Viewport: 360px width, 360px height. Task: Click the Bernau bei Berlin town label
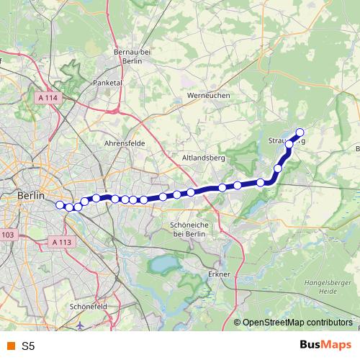[131, 57]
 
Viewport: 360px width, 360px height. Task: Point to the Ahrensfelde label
[125, 143]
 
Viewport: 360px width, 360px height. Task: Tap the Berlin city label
[31, 195]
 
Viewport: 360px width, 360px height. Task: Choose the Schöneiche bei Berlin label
[188, 229]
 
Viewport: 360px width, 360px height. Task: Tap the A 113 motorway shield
[63, 243]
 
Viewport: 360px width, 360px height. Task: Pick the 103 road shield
[7, 235]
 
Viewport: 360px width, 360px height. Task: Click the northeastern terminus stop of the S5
[300, 132]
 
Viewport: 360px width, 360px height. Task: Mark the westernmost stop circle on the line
[60, 204]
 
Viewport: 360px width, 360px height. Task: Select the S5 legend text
[28, 346]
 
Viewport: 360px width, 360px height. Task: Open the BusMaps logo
[324, 345]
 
